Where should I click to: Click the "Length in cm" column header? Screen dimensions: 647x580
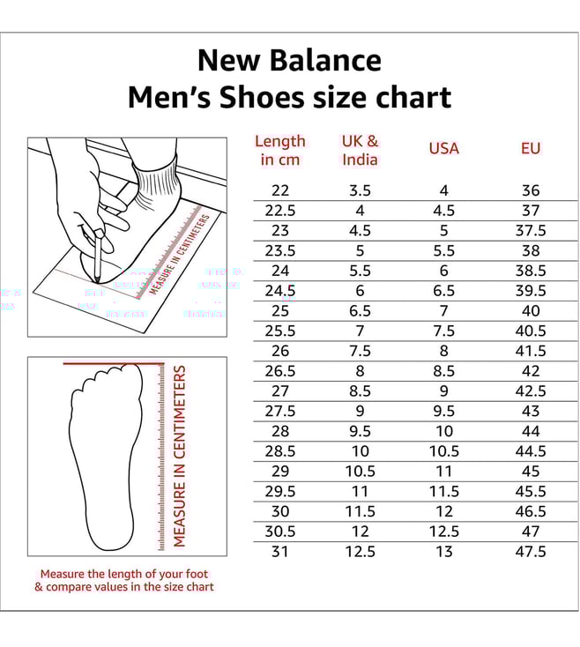[x=279, y=150]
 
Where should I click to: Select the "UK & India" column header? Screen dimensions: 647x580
[x=360, y=150]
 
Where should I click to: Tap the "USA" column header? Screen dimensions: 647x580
[x=443, y=148]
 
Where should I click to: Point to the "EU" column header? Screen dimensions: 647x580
[x=530, y=148]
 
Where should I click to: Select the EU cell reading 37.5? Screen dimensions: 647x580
[x=530, y=230]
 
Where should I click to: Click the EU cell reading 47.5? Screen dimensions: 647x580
[x=530, y=551]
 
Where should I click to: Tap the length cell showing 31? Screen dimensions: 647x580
[x=279, y=551]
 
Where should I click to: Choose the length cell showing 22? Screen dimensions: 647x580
[x=279, y=190]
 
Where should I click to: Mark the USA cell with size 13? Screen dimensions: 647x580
[x=443, y=551]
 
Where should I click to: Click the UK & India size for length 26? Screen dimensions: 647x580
[x=360, y=351]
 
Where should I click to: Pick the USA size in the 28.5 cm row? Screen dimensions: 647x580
[x=443, y=450]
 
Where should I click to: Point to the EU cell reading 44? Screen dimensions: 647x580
[x=530, y=431]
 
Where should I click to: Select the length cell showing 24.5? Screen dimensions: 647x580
[x=279, y=291]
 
